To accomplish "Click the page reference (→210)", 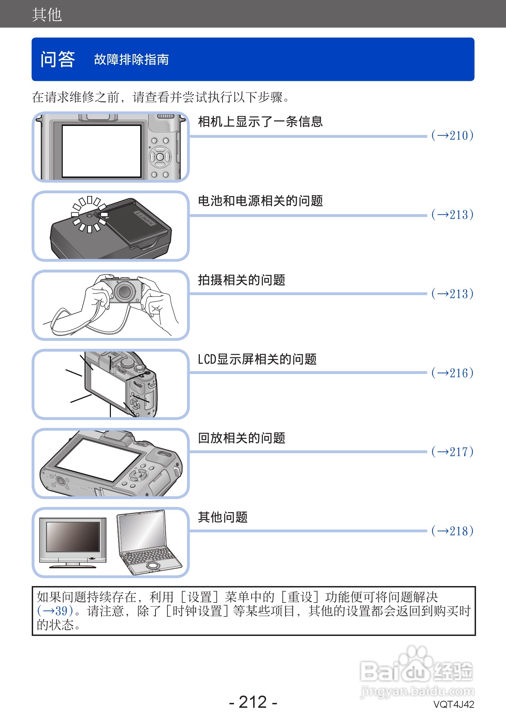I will tap(452, 135).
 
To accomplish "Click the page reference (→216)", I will tap(452, 373).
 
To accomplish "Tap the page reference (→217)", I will tap(452, 452).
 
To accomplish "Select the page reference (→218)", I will tap(452, 531).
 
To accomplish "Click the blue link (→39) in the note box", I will tap(55, 611).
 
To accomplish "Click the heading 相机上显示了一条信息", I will tap(260, 122).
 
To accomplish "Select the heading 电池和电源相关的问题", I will tap(260, 201).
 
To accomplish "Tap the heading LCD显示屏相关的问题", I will tap(257, 359).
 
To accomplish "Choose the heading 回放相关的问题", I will tap(241, 438).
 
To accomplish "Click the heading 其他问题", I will tap(222, 517).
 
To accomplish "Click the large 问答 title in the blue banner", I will tap(58, 59).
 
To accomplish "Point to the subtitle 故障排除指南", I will tap(131, 60).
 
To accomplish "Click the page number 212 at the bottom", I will tap(253, 702).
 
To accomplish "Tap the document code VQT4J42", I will tap(453, 705).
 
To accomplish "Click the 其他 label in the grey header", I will tap(47, 15).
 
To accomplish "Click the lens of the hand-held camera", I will tap(124, 291).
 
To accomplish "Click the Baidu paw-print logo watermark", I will tap(413, 659).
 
